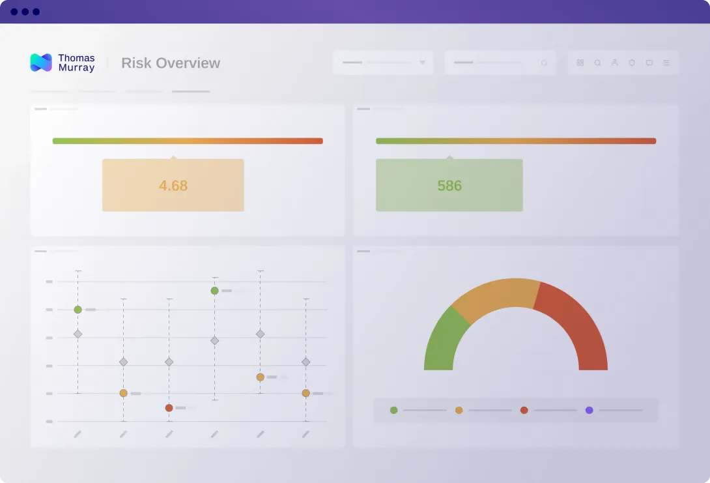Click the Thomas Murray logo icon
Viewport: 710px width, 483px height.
pos(41,63)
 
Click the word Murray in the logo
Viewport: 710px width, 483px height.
pos(76,68)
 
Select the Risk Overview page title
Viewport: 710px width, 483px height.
pos(171,63)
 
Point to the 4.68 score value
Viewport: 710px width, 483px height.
pos(173,186)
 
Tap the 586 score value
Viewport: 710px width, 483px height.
pos(449,186)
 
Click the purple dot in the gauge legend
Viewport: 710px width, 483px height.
pos(589,410)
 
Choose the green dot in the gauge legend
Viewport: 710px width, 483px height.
pos(393,410)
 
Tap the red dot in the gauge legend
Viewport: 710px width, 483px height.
pos(524,410)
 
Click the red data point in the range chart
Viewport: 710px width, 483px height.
pos(169,408)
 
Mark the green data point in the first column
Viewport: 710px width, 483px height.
pos(78,310)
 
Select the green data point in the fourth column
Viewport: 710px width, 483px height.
pos(214,291)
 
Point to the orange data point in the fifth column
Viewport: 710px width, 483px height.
pos(260,377)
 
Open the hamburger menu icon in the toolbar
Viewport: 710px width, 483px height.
pos(666,63)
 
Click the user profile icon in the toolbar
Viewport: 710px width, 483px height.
pos(614,63)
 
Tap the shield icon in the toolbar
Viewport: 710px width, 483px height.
pos(632,63)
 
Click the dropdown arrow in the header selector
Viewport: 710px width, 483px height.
pos(422,63)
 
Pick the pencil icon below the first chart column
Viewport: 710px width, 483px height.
pos(78,433)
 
